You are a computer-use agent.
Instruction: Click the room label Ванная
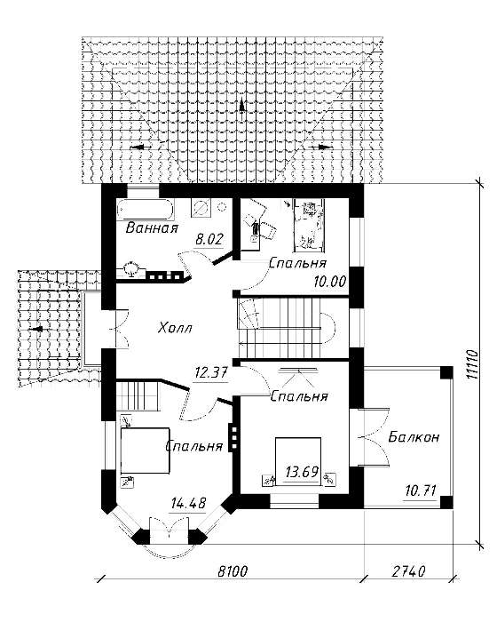pyautogui.click(x=152, y=228)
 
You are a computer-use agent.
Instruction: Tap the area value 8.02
pyautogui.click(x=209, y=240)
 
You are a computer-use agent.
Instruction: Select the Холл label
pyautogui.click(x=175, y=328)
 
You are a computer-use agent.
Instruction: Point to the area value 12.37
pyautogui.click(x=211, y=373)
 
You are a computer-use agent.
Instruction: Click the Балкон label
pyautogui.click(x=414, y=437)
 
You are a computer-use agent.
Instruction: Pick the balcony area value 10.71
pyautogui.click(x=421, y=490)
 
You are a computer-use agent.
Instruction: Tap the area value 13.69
pyautogui.click(x=302, y=473)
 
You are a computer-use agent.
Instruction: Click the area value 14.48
pyautogui.click(x=189, y=504)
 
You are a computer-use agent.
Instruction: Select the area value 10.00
pyautogui.click(x=330, y=282)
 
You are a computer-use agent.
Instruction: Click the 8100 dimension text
pyautogui.click(x=233, y=571)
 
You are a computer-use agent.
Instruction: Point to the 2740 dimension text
pyautogui.click(x=408, y=571)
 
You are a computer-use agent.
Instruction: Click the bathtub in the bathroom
pyautogui.click(x=146, y=209)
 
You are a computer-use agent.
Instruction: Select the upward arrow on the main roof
pyautogui.click(x=241, y=108)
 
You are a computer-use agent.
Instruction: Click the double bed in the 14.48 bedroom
pyautogui.click(x=145, y=451)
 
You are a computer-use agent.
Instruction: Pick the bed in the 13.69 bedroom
pyautogui.click(x=298, y=460)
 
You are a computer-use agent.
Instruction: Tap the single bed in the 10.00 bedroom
pyautogui.click(x=309, y=226)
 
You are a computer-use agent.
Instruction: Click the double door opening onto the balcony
pyautogui.click(x=373, y=436)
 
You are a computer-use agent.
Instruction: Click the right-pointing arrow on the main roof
pyautogui.click(x=320, y=147)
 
